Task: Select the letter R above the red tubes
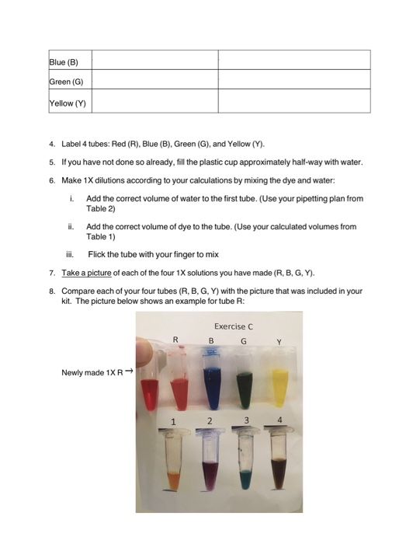pyautogui.click(x=175, y=339)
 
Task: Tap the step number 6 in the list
pyautogui.click(x=51, y=180)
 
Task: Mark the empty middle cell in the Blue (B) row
pyautogui.click(x=155, y=61)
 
